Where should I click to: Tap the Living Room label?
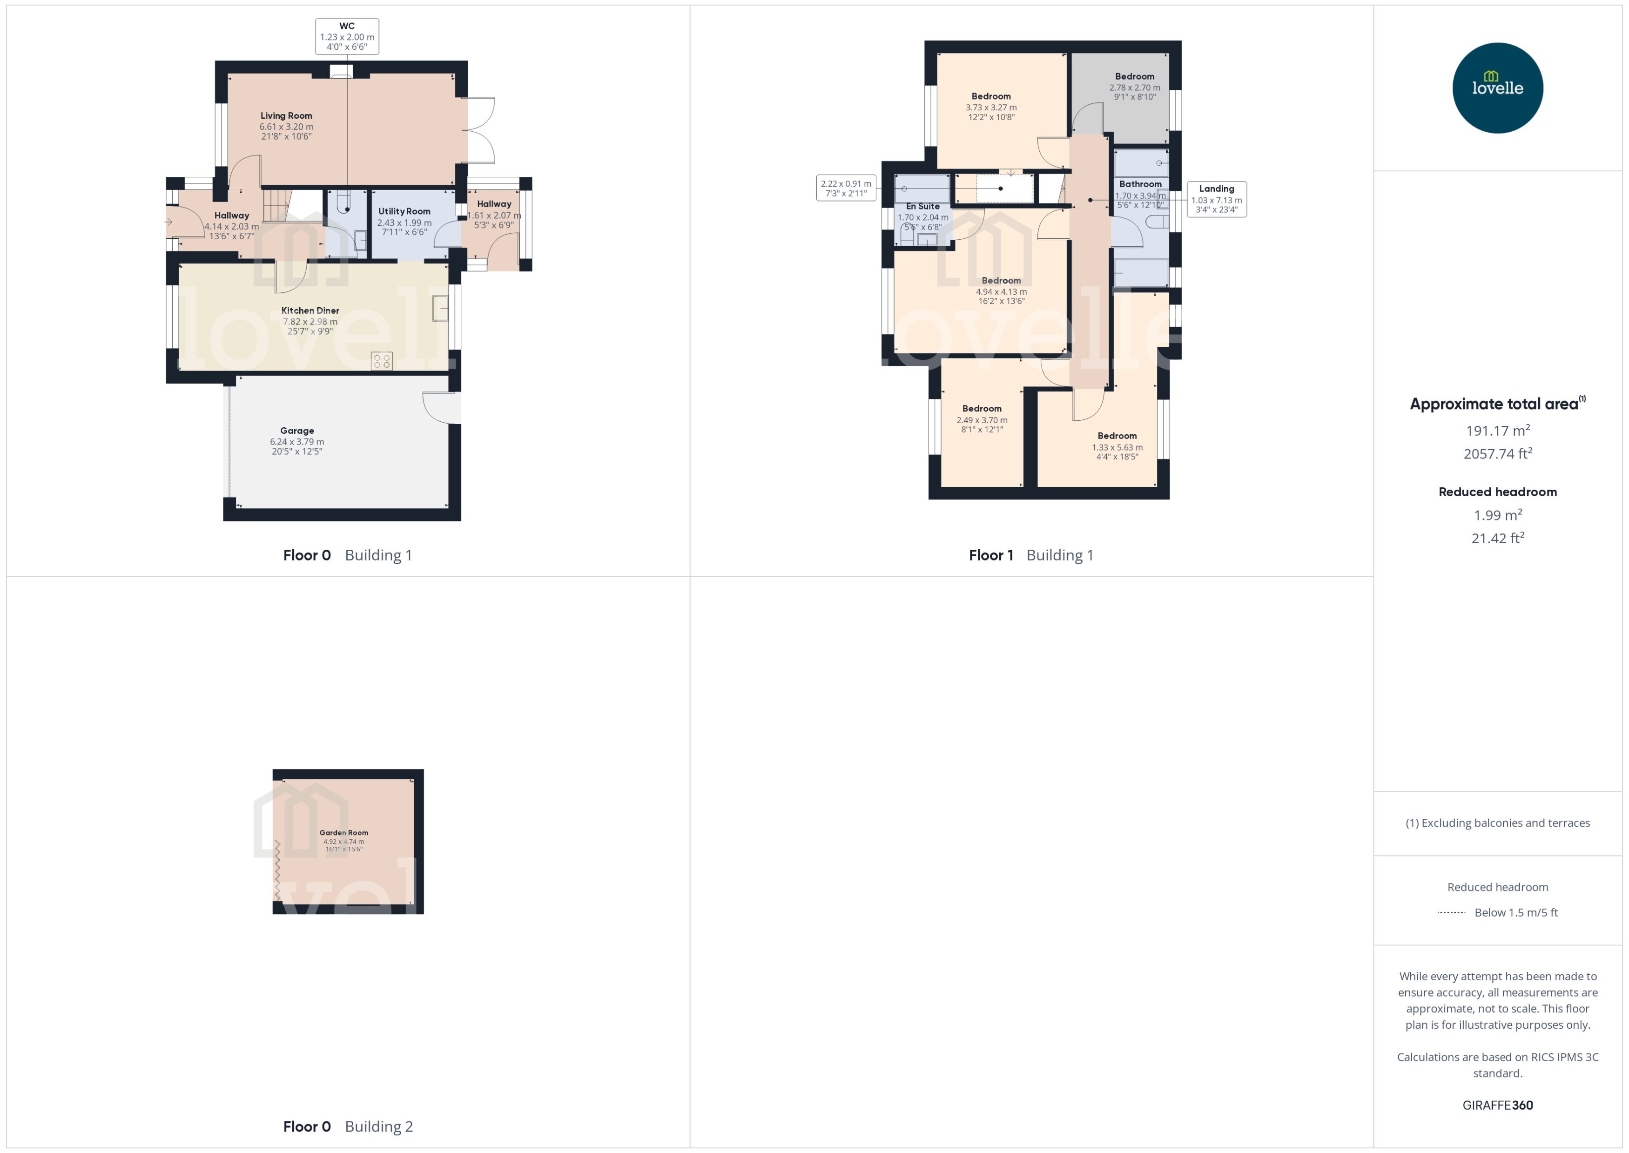(286, 116)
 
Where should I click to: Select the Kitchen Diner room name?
(310, 310)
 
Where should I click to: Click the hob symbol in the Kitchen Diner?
(382, 361)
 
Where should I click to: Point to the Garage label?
(296, 430)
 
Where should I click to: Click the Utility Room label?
(404, 211)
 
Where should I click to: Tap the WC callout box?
(347, 36)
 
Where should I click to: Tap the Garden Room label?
(343, 833)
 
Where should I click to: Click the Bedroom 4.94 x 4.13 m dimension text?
(1001, 292)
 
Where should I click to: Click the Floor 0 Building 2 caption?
(348, 1126)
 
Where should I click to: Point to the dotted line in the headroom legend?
(1451, 913)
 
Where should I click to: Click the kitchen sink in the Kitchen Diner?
(440, 309)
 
